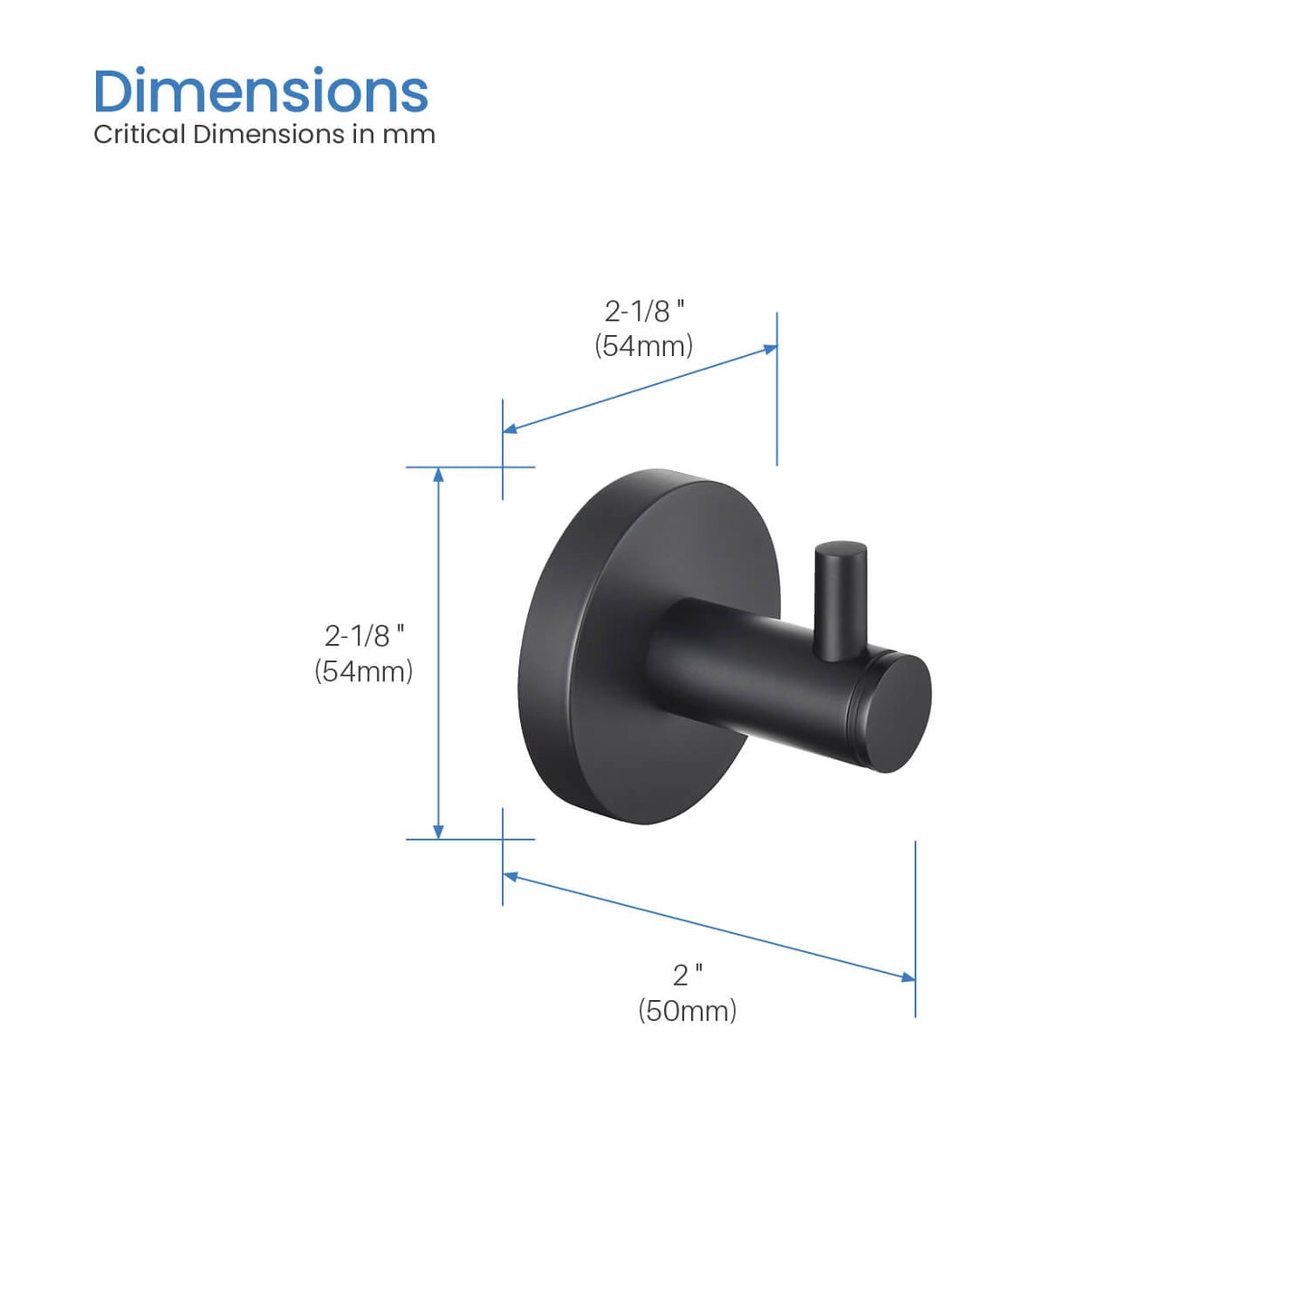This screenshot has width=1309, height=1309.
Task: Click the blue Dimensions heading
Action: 261,92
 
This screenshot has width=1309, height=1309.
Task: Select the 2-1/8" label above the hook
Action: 644,312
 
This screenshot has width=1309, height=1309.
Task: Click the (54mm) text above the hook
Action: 643,346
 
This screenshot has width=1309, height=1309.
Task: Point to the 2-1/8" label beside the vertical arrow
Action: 364,636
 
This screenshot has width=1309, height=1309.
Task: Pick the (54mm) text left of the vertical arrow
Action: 363,671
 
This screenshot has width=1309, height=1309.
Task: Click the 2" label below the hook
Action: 688,976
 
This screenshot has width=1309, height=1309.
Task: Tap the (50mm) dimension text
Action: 687,1011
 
